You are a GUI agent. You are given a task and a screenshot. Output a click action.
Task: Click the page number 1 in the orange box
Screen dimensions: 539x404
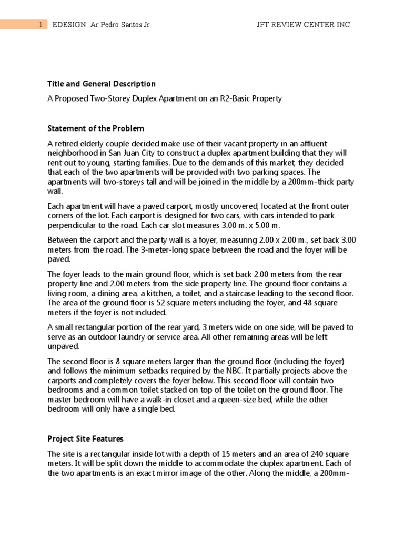click(x=40, y=25)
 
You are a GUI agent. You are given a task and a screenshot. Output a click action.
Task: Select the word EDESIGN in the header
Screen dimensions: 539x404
click(x=69, y=25)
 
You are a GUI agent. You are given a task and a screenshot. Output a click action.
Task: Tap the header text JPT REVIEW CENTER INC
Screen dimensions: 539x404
click(x=302, y=25)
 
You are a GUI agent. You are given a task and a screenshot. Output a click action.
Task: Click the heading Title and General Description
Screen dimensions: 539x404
click(x=102, y=84)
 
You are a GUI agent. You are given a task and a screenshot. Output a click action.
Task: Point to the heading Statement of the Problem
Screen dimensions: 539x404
click(x=96, y=128)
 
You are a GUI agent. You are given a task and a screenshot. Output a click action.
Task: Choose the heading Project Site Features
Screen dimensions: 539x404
click(x=85, y=438)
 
